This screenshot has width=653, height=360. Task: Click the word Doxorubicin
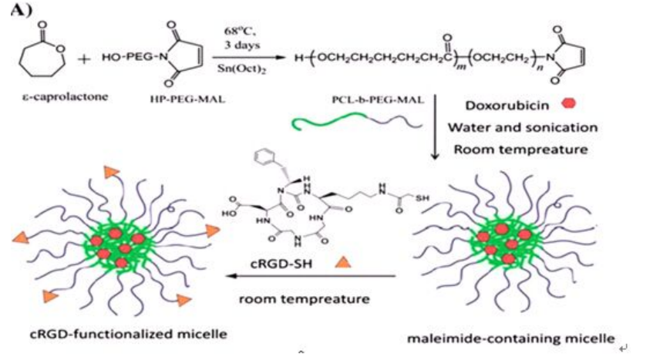(497, 103)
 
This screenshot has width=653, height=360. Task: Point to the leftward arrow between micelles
(308, 277)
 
